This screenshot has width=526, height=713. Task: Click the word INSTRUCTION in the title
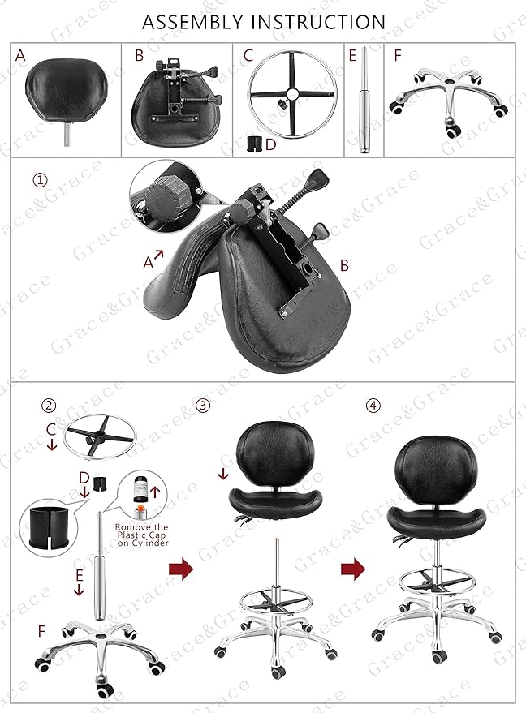pyautogui.click(x=321, y=22)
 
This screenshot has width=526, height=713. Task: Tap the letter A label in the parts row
pyautogui.click(x=20, y=55)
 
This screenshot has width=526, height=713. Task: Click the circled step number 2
pyautogui.click(x=50, y=406)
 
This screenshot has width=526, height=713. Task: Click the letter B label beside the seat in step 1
pyautogui.click(x=344, y=264)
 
